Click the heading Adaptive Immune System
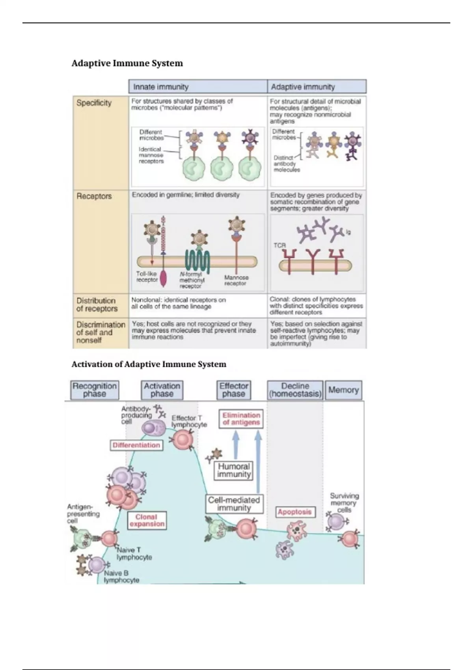[x=127, y=63]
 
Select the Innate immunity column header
[x=160, y=87]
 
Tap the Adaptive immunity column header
[x=303, y=87]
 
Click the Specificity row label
[x=94, y=103]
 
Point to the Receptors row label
[x=94, y=196]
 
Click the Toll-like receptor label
[x=147, y=277]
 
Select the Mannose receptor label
[x=236, y=280]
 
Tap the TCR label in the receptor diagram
[x=279, y=246]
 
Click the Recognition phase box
[x=95, y=390]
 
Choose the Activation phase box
[x=162, y=390]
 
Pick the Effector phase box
[x=234, y=390]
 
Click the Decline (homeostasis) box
[x=295, y=390]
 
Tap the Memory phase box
[x=343, y=390]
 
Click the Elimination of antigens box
[x=241, y=419]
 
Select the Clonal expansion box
[x=147, y=520]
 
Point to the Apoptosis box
[x=294, y=512]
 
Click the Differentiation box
[x=136, y=445]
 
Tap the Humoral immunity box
[x=234, y=470]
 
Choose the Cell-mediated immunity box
[x=234, y=504]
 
